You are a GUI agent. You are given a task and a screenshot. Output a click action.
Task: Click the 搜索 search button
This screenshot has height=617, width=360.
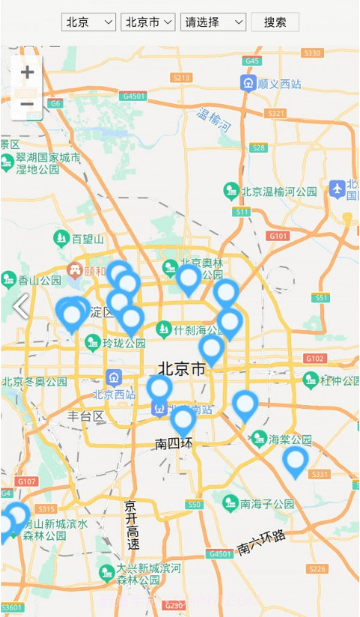(275, 22)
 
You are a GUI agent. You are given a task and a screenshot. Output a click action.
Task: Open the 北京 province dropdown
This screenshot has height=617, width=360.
(88, 22)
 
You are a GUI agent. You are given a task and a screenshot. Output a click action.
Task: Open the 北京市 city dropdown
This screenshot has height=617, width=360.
(147, 22)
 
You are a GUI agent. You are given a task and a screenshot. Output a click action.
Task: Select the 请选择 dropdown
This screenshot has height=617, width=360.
(213, 22)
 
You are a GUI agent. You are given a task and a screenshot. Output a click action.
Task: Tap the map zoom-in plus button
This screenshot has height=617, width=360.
(27, 73)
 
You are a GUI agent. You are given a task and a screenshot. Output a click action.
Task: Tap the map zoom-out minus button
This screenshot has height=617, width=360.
(27, 103)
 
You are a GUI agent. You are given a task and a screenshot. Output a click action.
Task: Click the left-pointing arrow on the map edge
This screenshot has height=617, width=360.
(21, 306)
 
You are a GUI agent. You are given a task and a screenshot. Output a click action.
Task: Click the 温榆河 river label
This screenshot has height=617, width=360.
(213, 120)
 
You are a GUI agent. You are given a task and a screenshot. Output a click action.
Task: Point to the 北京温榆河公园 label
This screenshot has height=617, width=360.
(278, 192)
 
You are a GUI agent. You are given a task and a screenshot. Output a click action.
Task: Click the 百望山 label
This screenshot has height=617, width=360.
(88, 240)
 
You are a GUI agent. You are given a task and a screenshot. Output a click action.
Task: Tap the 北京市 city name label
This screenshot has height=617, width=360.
(181, 368)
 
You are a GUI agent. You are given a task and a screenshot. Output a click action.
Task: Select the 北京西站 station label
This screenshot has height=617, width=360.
(114, 394)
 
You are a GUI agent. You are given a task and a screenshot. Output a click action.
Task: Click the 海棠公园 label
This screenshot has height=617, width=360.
(290, 438)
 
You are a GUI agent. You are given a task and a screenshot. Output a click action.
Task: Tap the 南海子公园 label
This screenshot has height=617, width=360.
(267, 504)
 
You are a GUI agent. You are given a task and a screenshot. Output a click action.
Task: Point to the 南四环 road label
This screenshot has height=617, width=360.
(174, 443)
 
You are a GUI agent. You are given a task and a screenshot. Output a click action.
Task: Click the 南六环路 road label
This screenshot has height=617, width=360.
(262, 543)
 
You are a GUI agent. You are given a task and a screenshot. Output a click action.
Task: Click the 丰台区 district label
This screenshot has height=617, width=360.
(85, 416)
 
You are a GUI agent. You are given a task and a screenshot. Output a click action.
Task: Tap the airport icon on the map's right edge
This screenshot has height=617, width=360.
(338, 189)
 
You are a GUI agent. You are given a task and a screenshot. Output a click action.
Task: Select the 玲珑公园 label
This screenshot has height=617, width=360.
(123, 344)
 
